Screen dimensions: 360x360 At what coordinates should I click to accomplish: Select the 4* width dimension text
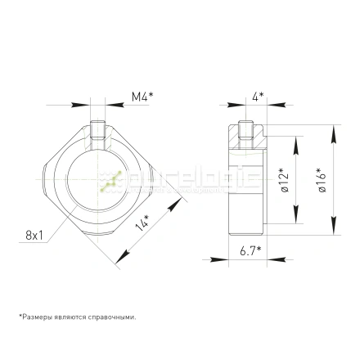[x=257, y=96]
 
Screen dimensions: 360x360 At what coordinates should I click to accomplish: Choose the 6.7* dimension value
[x=250, y=250]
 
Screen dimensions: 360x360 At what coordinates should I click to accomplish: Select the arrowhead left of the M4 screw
[x=83, y=105]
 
